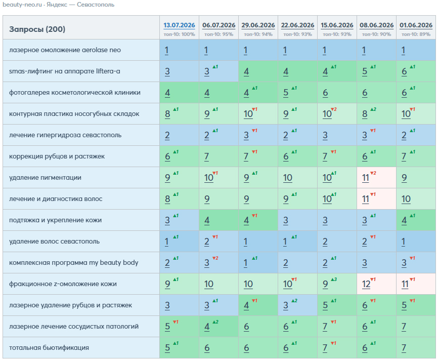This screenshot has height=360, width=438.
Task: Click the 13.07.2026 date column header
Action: click(x=179, y=25)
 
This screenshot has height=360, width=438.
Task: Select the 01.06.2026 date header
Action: click(x=416, y=25)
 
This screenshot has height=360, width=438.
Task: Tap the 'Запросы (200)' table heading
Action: click(x=37, y=29)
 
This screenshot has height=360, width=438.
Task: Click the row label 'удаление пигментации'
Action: click(x=45, y=178)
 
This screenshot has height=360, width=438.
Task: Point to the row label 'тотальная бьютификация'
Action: click(x=49, y=348)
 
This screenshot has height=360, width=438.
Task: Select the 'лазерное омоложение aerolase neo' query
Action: click(x=65, y=50)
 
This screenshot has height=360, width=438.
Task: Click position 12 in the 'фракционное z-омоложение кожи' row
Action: click(x=366, y=284)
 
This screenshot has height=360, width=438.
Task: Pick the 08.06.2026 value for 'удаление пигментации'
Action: click(x=366, y=178)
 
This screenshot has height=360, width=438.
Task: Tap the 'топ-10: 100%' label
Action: click(x=179, y=34)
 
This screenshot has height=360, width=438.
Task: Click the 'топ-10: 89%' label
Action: click(x=416, y=34)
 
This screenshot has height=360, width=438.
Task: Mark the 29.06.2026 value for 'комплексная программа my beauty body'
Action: click(x=245, y=263)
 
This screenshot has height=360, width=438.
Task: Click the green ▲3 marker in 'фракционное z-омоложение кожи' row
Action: click(x=334, y=279)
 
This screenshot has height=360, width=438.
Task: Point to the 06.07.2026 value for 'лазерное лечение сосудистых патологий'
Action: click(x=207, y=327)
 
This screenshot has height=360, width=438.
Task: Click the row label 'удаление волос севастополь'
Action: click(x=54, y=242)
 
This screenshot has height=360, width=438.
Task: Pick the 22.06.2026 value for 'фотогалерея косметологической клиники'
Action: click(x=286, y=93)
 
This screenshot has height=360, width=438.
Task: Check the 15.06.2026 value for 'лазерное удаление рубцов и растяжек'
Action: click(x=325, y=305)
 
